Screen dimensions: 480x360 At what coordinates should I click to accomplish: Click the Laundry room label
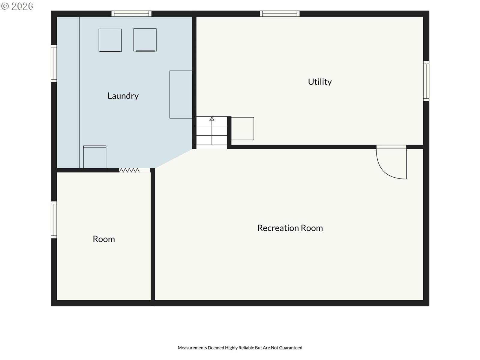pos(123,96)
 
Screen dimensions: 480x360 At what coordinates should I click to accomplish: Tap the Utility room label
pos(320,82)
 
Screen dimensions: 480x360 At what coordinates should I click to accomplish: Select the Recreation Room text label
pos(290,228)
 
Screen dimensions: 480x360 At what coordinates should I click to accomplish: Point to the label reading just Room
pos(104,239)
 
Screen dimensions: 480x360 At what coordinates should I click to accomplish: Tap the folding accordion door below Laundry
pos(129,170)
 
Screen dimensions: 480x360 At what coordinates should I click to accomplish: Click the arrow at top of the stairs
pos(212,119)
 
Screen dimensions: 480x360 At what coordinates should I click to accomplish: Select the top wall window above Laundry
pos(131,13)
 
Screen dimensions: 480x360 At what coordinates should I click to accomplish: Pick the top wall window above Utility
pos(280,13)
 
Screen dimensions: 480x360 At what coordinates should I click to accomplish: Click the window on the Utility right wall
pos(426,81)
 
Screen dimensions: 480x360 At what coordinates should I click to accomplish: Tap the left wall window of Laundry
pos(54,64)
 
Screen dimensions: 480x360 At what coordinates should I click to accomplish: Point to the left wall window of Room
pos(54,220)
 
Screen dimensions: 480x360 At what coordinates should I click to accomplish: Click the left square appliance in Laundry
pos(110,40)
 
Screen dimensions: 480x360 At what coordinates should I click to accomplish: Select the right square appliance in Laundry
pos(145,40)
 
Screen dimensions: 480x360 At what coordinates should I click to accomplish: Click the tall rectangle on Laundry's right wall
pos(181,94)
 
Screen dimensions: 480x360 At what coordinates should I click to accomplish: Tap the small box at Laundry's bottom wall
pos(95,157)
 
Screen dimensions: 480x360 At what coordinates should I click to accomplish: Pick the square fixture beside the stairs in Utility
pos(242,128)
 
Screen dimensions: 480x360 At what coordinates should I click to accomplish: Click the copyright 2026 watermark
pos(17,6)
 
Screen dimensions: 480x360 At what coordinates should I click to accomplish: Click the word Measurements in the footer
pos(192,347)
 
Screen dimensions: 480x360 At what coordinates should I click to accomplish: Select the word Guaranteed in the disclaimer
pos(291,347)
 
